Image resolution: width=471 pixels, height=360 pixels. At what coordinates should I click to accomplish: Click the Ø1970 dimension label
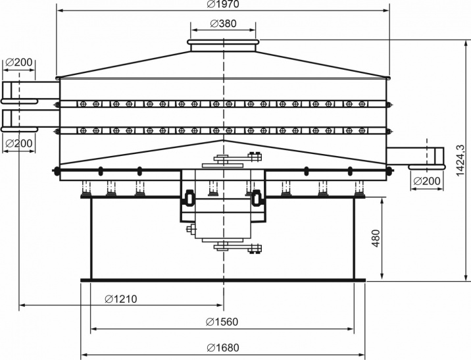223,4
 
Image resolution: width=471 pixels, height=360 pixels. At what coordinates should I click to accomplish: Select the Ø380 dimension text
223,24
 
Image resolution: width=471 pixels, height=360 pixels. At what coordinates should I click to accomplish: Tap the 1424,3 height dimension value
460,161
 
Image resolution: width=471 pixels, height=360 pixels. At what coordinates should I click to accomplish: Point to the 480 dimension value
376,238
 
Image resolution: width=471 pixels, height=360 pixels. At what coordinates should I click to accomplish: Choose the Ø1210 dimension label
121,299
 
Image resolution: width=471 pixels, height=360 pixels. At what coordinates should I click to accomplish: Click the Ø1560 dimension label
222,322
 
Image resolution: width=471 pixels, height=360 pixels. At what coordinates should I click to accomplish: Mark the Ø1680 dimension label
223,347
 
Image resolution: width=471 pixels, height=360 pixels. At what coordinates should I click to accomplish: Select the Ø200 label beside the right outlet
427,181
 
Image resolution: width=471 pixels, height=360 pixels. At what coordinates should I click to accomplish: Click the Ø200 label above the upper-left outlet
19,63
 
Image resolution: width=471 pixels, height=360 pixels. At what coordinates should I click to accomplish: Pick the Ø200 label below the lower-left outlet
19,143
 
